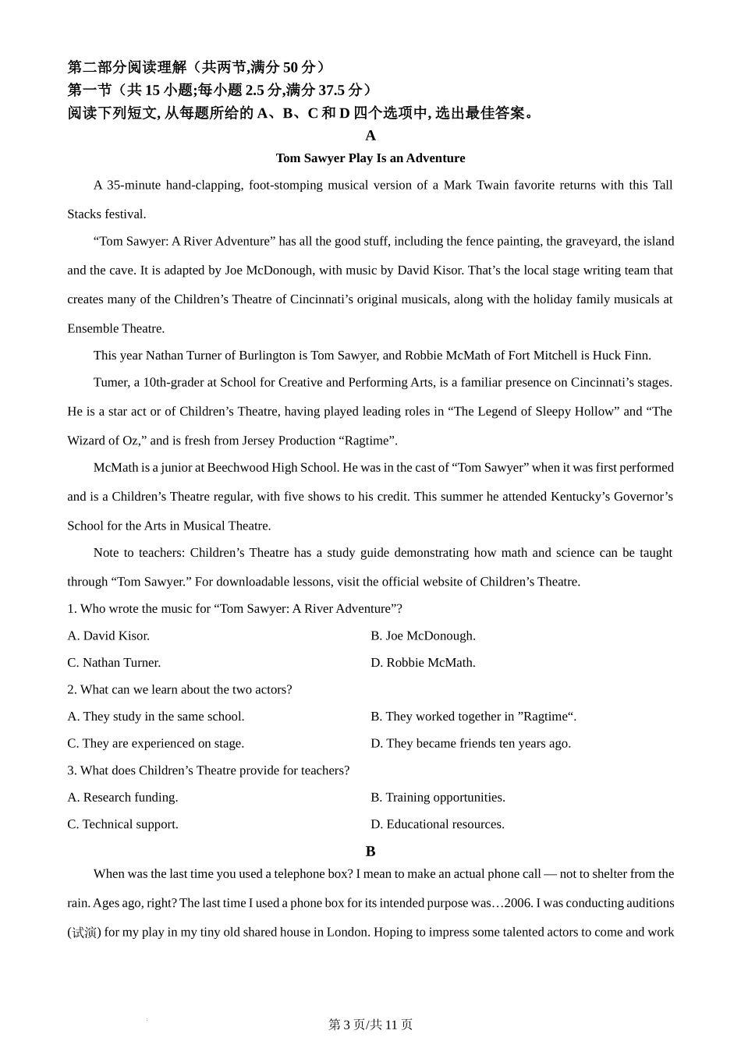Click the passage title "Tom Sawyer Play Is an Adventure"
[x=370, y=158]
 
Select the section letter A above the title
[x=370, y=136]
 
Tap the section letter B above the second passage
[x=370, y=851]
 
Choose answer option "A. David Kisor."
[x=108, y=636]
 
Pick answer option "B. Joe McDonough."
[x=423, y=636]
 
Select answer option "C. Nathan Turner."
[x=114, y=663]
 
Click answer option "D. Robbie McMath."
[x=423, y=663]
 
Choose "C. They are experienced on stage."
[x=156, y=743]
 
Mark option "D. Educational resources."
[x=438, y=824]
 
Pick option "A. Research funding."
[x=122, y=797]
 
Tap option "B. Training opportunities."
[x=438, y=797]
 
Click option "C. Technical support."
[x=122, y=824]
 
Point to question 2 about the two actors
[x=179, y=689]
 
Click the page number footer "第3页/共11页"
[x=370, y=1025]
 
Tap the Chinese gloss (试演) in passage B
[x=84, y=932]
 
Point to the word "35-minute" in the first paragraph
[x=133, y=186]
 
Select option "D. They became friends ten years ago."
[x=470, y=743]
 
